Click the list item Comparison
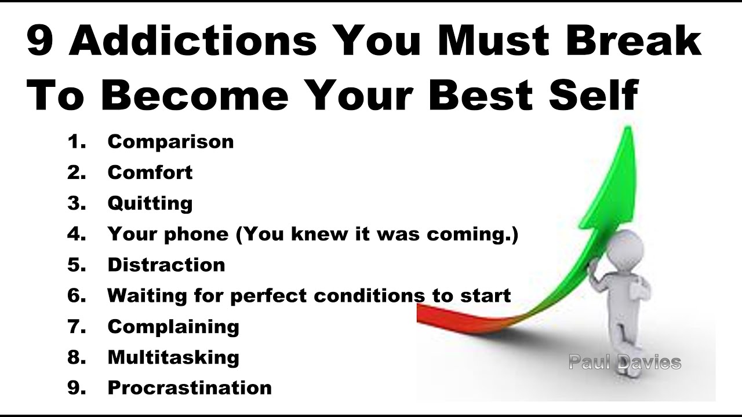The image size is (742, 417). (170, 142)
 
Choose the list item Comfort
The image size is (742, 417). (150, 173)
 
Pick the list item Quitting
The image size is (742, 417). (150, 203)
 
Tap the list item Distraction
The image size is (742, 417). (166, 265)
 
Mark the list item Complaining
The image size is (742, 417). (173, 326)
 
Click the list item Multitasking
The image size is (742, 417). (173, 357)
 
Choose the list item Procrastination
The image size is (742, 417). (190, 387)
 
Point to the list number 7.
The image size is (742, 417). (76, 326)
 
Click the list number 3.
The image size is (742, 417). (76, 203)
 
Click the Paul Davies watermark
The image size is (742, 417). (624, 363)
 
